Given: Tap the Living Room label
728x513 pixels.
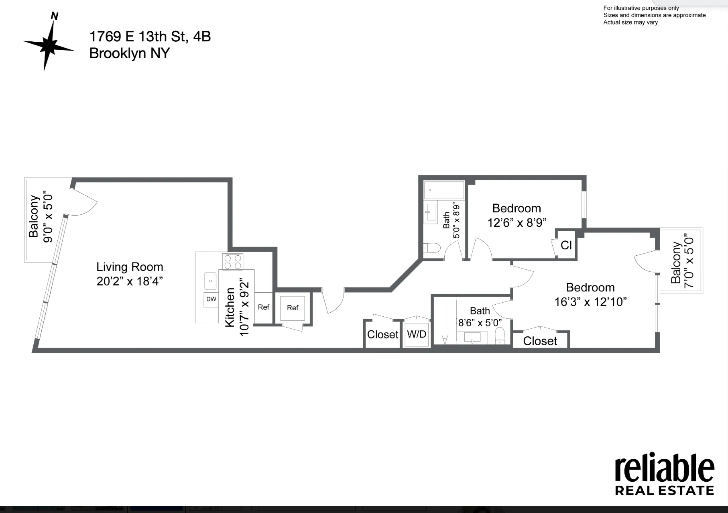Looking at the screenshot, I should (130, 267).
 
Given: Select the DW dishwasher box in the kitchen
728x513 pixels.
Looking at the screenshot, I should (211, 299).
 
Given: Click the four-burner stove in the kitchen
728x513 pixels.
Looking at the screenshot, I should (233, 262).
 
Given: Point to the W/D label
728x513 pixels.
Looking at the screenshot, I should (417, 334).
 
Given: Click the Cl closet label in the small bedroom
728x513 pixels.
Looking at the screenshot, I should (566, 245).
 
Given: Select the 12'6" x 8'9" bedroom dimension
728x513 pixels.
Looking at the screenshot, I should (517, 223).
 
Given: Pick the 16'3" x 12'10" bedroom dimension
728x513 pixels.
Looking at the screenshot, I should (590, 302).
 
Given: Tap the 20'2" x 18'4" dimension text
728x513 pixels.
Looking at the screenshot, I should (130, 281).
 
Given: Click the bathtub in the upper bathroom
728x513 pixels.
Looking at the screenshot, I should (444, 190).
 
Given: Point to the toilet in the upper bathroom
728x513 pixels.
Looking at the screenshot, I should (432, 248).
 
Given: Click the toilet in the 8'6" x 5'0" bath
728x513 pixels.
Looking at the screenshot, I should (500, 336).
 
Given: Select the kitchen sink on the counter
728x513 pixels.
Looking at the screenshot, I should (211, 281).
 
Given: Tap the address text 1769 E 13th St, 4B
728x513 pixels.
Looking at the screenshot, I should (150, 37).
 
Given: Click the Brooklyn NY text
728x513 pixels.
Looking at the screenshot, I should (129, 53).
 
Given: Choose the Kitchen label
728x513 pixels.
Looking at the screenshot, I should (230, 307).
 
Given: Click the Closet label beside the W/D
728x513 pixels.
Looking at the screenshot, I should (382, 334).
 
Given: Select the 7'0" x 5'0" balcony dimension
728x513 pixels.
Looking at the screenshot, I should (689, 261).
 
